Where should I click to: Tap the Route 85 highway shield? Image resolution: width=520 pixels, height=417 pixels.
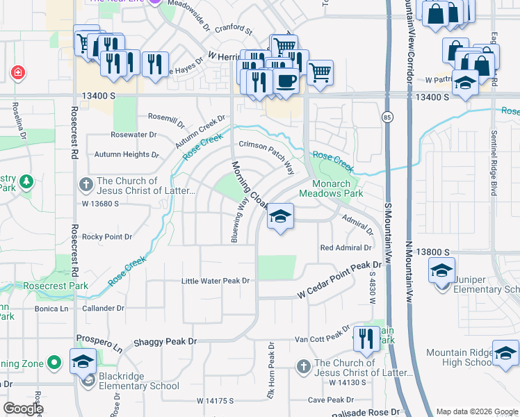[x=386, y=119]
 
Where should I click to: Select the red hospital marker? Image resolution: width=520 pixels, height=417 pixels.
[x=17, y=72]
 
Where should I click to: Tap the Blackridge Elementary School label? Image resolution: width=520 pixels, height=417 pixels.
[x=139, y=386]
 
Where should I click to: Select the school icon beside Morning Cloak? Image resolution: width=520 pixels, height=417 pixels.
[x=280, y=217]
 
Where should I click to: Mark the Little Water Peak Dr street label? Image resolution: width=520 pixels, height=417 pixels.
[x=215, y=281]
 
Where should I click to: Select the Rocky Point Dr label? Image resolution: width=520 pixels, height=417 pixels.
[x=107, y=237]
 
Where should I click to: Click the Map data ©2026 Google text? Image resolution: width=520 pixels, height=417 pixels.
[x=476, y=411]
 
